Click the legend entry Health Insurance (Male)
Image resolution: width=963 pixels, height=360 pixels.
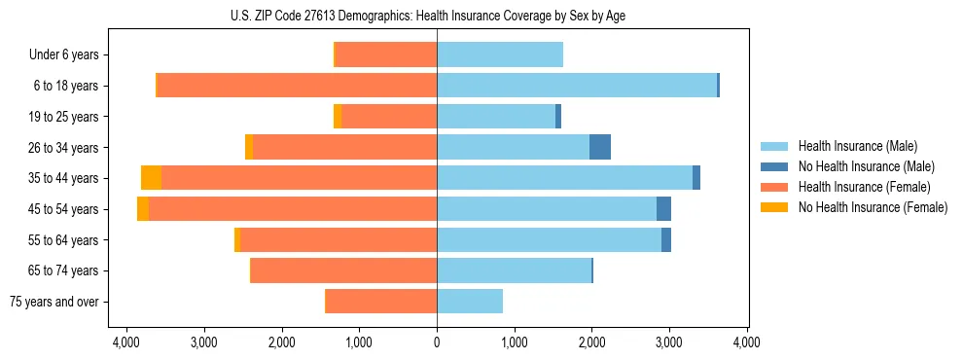[x=857, y=146]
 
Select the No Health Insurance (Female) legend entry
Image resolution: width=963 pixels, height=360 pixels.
[x=872, y=207]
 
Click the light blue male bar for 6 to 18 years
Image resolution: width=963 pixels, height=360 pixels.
[x=577, y=86]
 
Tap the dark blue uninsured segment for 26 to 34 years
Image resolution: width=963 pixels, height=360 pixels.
[x=600, y=147]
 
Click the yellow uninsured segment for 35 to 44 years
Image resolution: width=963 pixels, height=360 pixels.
[x=151, y=178]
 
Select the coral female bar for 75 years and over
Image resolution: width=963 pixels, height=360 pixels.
[x=380, y=302]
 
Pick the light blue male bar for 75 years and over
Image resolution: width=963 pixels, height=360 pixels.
[x=470, y=302]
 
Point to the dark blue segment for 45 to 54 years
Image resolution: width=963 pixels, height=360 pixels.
[x=663, y=209]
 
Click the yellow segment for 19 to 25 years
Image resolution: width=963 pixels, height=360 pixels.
[x=338, y=117]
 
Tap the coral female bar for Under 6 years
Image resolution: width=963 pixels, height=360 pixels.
[x=385, y=55]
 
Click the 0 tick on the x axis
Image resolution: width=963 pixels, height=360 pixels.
[x=437, y=342]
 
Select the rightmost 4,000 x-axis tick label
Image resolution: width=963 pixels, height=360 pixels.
[x=746, y=342]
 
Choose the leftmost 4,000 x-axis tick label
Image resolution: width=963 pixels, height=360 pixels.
[x=126, y=342]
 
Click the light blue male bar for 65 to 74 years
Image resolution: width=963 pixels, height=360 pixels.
[x=514, y=270]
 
